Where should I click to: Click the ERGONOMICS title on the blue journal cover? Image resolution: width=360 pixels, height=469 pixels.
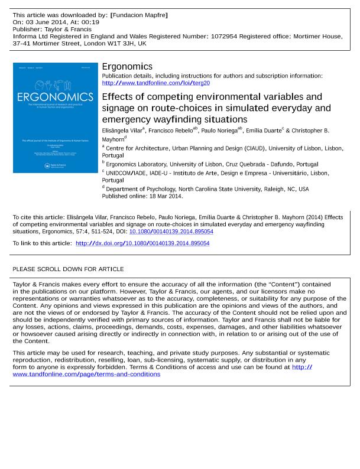(x=55, y=97)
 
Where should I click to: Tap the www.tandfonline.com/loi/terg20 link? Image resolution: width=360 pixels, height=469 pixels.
(x=156, y=83)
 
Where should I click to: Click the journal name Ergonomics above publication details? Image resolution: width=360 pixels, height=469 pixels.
(x=127, y=67)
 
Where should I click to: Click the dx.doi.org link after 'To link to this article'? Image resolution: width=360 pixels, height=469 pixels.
(x=142, y=243)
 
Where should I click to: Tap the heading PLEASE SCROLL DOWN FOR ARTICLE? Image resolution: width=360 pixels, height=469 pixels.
(x=68, y=269)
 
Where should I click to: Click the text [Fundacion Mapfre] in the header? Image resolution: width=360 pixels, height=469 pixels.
(x=139, y=15)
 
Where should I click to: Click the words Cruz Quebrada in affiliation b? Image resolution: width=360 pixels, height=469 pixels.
(x=251, y=164)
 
